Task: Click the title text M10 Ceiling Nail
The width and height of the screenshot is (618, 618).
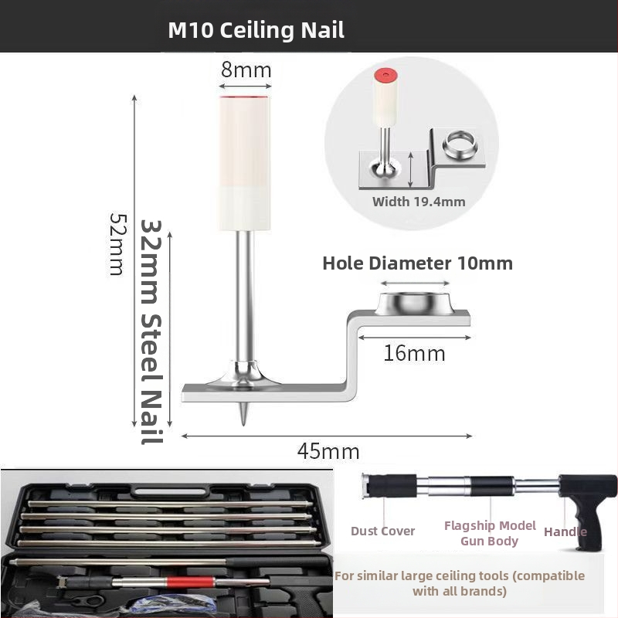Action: pos(256,30)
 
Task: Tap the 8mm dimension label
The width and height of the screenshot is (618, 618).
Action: pos(246,70)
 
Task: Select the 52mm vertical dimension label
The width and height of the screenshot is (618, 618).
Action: pos(117,244)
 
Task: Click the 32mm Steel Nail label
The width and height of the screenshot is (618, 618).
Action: pos(151,332)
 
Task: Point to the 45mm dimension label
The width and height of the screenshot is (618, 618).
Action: pos(328,451)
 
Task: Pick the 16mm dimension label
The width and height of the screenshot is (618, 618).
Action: pos(414,353)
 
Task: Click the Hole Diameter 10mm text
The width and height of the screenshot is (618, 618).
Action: pos(418,263)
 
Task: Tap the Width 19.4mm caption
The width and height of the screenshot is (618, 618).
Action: pos(419,202)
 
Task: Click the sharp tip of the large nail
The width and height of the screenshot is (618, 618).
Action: pos(243,424)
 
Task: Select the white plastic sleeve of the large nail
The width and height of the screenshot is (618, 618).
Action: pos(245,163)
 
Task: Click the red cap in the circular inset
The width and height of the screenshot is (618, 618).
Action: pos(385,74)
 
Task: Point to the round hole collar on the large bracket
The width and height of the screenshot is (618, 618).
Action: pos(415,304)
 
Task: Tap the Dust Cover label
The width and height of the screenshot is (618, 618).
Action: pos(382,531)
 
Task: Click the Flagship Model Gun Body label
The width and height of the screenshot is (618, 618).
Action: pos(490,533)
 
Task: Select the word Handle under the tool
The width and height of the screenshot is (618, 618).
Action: pos(565,532)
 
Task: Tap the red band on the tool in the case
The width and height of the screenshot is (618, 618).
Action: pos(190,582)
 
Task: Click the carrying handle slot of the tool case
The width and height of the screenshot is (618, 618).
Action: pos(170,492)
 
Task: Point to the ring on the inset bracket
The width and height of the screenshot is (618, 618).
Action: pos(460,142)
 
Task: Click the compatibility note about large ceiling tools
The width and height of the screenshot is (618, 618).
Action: pos(460,583)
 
